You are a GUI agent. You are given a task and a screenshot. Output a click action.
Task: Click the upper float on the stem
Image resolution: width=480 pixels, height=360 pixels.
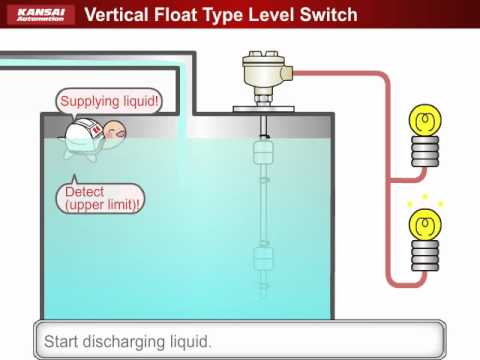pyautogui.click(x=263, y=152)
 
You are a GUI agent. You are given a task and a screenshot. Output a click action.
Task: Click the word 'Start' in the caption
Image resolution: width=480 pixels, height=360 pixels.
pyautogui.click(x=62, y=342)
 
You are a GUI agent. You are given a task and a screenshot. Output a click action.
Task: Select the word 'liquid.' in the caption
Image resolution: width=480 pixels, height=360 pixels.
pyautogui.click(x=192, y=342)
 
